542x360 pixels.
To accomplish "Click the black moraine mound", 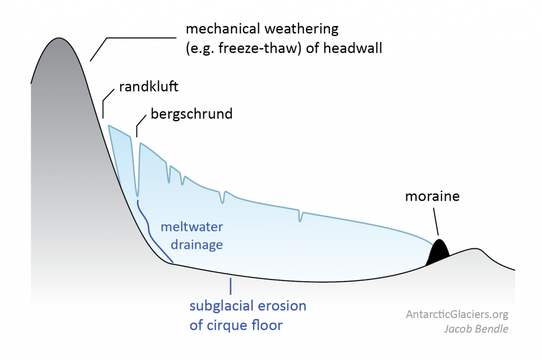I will coord(438,253).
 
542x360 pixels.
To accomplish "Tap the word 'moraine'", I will coord(432,196).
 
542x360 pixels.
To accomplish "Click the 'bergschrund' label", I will coord(192,114).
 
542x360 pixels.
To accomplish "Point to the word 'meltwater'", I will coord(192,228).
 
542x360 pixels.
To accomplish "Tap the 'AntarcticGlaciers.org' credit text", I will coord(457,314).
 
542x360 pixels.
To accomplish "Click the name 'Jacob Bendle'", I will coord(476,329).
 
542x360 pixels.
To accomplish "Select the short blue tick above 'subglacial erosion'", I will coord(230,286).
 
